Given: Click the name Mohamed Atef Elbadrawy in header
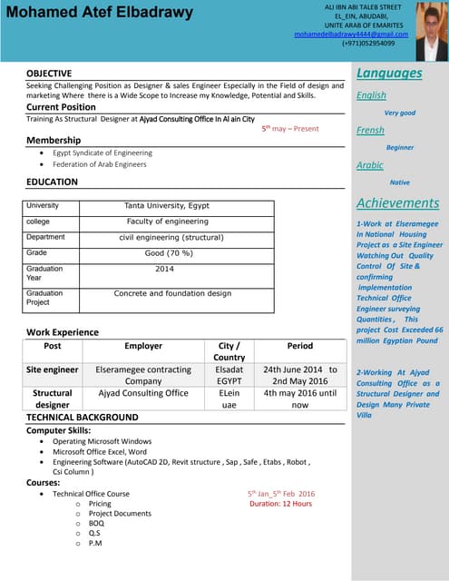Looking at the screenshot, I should [99, 14].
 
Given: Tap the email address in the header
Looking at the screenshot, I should [350, 34].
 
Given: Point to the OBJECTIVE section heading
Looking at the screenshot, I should [50, 73].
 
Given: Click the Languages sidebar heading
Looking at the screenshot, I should [389, 73].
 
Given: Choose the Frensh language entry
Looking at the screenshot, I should [370, 130].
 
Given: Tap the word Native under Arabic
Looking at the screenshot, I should [399, 182].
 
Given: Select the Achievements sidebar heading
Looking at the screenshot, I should [397, 203].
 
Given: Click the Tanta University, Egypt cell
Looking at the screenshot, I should [166, 206].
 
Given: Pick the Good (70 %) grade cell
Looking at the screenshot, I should [168, 253].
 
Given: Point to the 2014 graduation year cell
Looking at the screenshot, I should [164, 270].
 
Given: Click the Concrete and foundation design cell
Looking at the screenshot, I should [172, 294].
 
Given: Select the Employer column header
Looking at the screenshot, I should [143, 346].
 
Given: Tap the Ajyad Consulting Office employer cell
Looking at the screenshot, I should [143, 393].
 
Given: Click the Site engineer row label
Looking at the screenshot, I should [53, 370].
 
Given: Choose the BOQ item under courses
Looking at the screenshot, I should [96, 523].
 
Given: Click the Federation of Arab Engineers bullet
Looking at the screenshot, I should [99, 164].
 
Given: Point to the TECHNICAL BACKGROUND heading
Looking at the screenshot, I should [83, 417].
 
